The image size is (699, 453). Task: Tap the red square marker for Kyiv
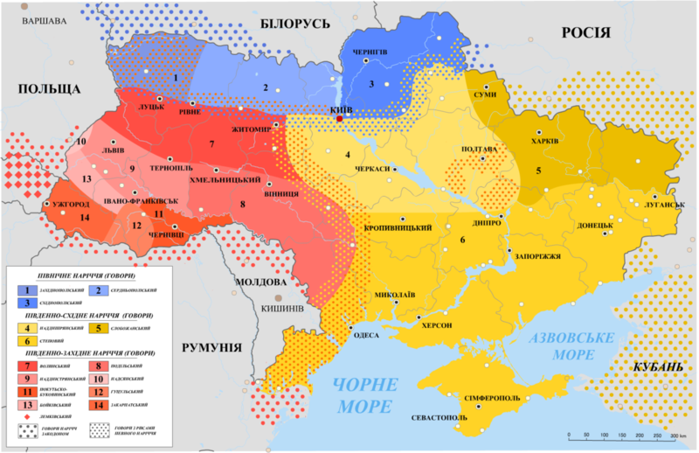(339, 118)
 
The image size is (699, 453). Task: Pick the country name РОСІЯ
(585, 32)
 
